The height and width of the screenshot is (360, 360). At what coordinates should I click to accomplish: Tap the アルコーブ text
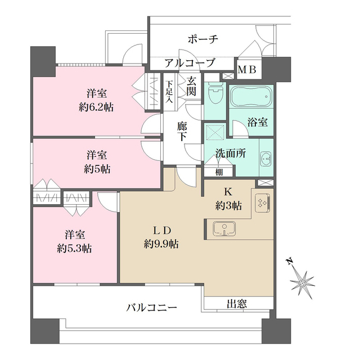click(190, 63)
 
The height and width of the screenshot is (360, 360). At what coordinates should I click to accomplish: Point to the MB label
click(247, 70)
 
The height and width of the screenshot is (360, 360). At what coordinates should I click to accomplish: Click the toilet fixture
click(214, 93)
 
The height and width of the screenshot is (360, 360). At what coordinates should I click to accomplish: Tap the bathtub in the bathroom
click(251, 95)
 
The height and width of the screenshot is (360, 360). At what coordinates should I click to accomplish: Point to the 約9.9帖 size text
click(161, 244)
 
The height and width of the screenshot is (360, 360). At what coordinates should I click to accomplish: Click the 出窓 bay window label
click(236, 304)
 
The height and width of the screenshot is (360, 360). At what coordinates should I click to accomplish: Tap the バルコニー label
click(152, 308)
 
